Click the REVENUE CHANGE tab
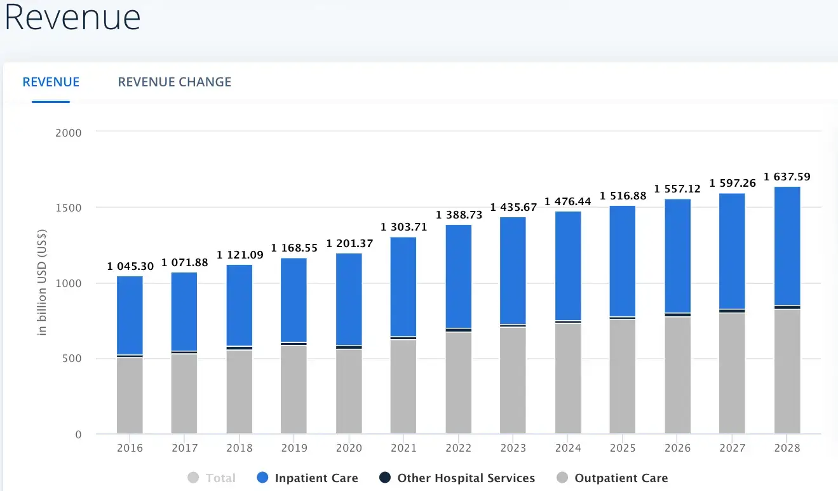174,82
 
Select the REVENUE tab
51,82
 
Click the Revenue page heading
72,18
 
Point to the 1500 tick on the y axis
69,208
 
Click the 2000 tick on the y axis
69,132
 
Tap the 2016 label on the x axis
130,448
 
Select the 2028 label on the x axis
787,448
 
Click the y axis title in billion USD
43,283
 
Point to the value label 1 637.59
787,177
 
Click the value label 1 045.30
130,266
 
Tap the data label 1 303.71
403,227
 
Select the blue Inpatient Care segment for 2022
458,276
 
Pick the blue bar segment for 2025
623,260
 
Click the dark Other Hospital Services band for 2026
677,314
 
